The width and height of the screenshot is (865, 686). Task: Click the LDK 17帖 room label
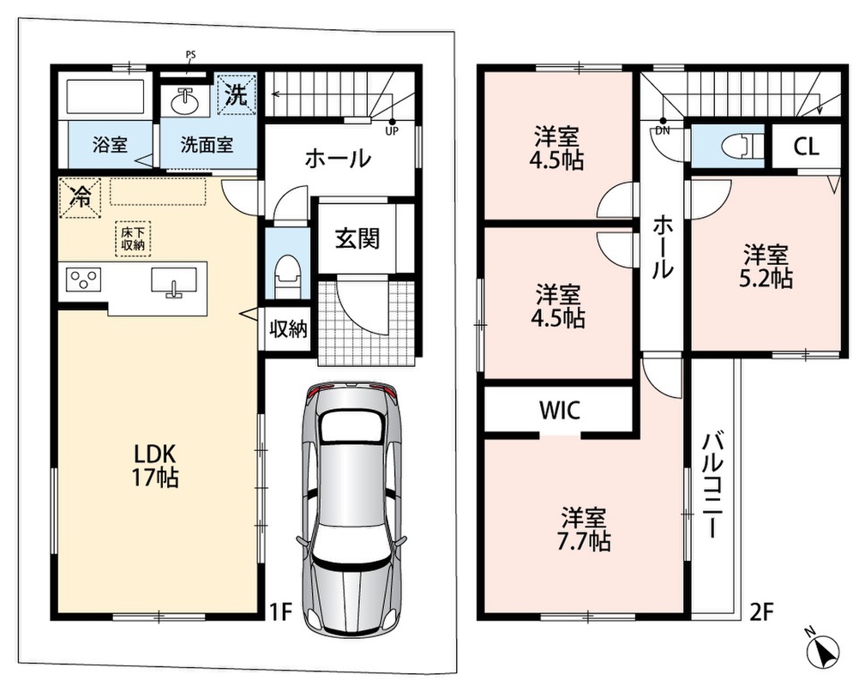click(155, 465)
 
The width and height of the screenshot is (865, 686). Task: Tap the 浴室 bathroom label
click(110, 145)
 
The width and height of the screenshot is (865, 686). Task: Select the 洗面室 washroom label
click(207, 145)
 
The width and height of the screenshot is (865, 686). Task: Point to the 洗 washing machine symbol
click(237, 94)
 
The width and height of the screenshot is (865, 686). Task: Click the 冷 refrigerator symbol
click(80, 197)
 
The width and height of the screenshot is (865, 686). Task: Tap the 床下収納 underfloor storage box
click(133, 239)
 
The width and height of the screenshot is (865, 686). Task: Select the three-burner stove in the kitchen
click(84, 280)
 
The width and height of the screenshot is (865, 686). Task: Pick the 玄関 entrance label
click(357, 239)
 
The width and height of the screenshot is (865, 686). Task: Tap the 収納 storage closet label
click(288, 329)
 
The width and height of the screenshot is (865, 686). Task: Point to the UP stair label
click(393, 132)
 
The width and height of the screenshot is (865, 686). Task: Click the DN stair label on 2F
click(663, 131)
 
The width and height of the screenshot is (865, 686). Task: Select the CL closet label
click(807, 147)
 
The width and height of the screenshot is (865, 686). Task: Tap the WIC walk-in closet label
click(560, 410)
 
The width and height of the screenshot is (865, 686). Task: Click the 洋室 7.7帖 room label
click(584, 530)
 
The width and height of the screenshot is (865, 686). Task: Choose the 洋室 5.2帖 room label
click(766, 268)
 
